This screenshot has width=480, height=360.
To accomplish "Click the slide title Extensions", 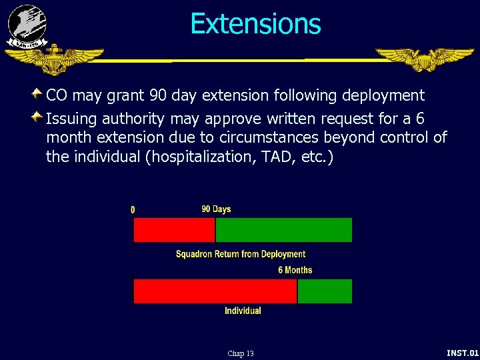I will click(255, 24).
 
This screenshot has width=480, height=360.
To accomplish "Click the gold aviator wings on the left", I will click(53, 59).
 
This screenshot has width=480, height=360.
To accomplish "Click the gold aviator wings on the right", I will click(424, 59).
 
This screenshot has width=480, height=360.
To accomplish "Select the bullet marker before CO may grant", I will click(38, 93).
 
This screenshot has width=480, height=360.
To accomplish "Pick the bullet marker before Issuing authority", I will click(38, 117).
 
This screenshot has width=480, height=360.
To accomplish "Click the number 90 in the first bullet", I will click(158, 95).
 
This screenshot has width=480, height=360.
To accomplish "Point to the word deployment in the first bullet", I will click(383, 95).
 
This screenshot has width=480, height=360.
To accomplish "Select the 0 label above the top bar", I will click(133, 209).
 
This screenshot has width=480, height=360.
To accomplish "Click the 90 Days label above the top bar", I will click(216, 209).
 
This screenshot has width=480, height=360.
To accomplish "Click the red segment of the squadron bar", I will click(174, 230).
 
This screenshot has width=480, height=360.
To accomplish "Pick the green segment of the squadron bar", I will click(283, 230).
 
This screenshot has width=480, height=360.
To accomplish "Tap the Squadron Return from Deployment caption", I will click(240, 254).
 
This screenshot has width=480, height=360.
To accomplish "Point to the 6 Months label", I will click(295, 270).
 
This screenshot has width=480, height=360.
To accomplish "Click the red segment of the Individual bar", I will click(215, 291).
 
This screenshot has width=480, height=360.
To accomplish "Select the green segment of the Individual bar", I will click(325, 291).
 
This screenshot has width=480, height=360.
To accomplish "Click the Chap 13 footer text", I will click(240, 353).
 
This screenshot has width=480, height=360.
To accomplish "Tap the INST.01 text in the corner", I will click(462, 353).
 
